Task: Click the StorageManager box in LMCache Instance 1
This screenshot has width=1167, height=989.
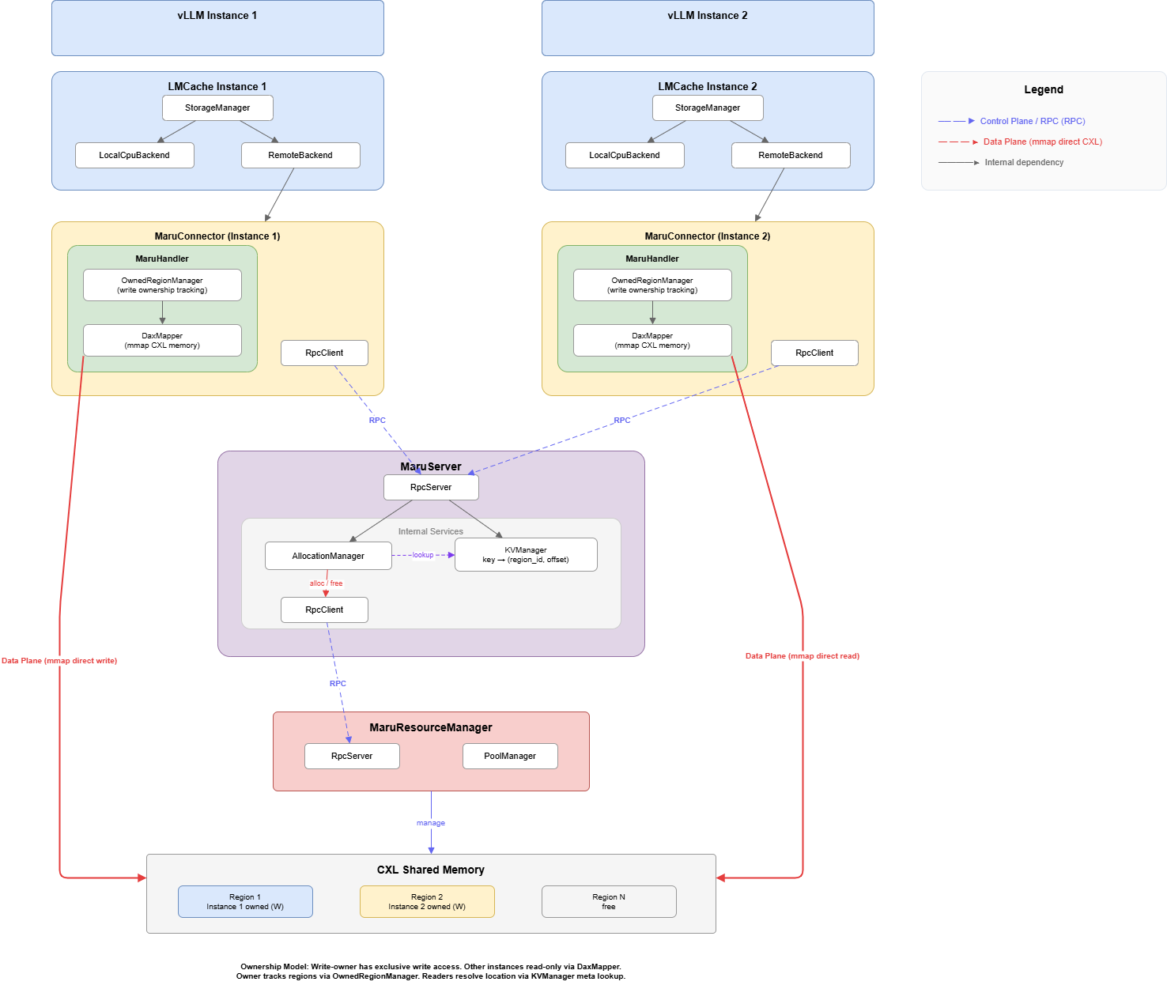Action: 217,108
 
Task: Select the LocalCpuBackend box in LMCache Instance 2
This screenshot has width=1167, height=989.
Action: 625,156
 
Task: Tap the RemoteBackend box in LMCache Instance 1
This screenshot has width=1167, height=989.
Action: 300,156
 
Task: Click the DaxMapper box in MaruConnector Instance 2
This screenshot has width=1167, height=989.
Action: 652,341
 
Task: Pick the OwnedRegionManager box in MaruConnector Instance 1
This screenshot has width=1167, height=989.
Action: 162,285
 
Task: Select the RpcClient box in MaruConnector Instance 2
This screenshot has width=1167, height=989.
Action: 814,353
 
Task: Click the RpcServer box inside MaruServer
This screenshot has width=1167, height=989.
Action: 431,488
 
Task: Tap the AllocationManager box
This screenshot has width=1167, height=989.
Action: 328,556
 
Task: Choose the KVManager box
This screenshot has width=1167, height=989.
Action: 526,555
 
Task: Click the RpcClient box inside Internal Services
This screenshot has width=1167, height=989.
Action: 324,610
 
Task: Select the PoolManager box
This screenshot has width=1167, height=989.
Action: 510,757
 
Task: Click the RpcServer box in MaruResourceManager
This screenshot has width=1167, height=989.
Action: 352,757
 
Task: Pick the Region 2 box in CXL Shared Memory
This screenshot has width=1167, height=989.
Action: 427,902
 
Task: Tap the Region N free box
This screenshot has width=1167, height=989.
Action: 609,902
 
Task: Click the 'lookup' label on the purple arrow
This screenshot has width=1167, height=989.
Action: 423,555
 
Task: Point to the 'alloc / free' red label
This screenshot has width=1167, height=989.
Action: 326,583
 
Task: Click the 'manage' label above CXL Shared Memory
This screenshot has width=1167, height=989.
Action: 431,823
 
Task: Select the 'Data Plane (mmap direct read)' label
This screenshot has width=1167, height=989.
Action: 802,656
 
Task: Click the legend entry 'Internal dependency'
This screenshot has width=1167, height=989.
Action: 1024,163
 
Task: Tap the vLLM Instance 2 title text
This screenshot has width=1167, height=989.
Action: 708,16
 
